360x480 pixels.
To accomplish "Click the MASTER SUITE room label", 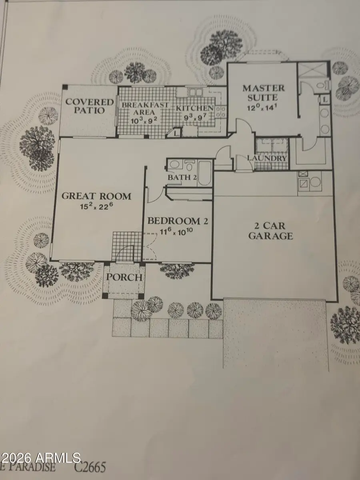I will (263, 92).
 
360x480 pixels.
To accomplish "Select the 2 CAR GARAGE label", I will (270, 230).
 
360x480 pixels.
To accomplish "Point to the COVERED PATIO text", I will (85, 106).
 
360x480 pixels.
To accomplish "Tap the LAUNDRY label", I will (267, 158).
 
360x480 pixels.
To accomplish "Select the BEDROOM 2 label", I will (174, 221).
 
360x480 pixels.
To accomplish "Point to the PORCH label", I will (123, 277).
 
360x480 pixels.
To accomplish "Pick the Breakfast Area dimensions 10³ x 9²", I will (137, 120).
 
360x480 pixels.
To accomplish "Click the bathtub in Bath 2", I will (204, 173).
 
